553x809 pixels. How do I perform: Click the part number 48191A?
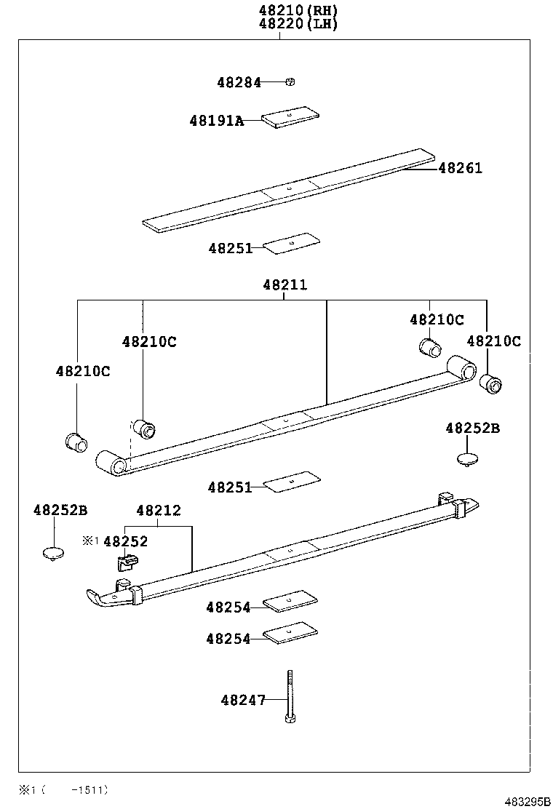pyautogui.click(x=216, y=121)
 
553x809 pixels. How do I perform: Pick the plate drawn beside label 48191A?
pyautogui.click(x=290, y=117)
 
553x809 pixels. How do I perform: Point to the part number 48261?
pyautogui.click(x=460, y=168)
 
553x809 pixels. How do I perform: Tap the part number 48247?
pyautogui.click(x=242, y=700)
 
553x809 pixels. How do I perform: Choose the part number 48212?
pyautogui.click(x=158, y=511)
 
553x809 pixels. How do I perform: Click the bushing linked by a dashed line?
pyautogui.click(x=144, y=428)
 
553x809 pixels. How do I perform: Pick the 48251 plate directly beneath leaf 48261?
pyautogui.click(x=290, y=244)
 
